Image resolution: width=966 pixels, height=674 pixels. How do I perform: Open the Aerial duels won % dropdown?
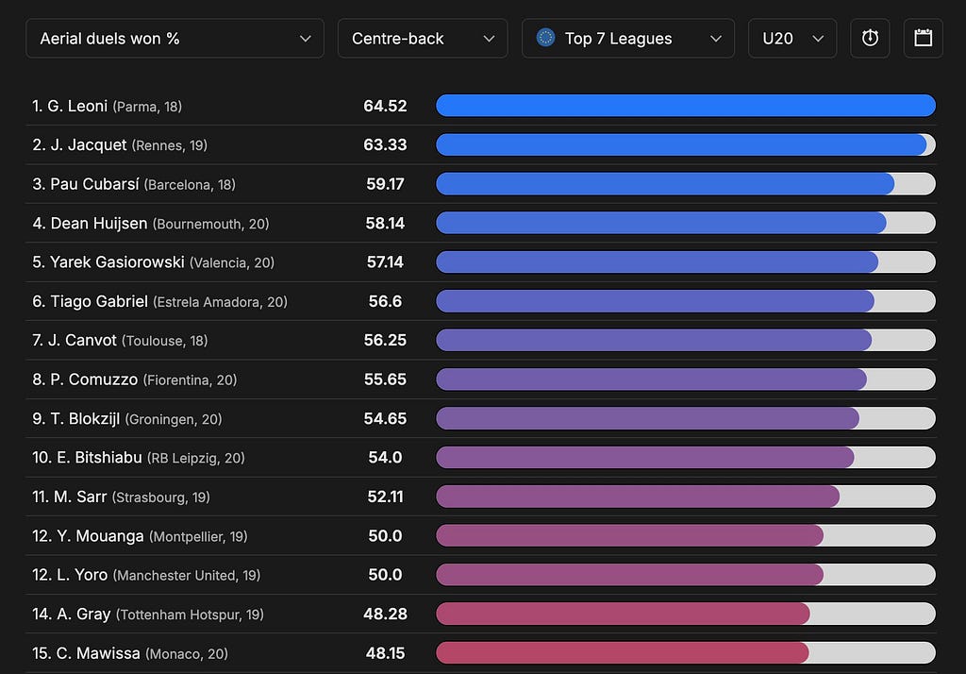point(175,39)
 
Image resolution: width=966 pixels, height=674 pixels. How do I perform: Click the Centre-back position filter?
point(423,39)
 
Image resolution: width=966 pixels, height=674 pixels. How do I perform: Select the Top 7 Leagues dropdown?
point(627,39)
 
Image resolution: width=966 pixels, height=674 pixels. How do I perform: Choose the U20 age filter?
point(792,39)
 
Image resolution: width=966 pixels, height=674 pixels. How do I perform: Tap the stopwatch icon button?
point(870,39)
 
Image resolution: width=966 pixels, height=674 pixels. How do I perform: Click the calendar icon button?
point(923,39)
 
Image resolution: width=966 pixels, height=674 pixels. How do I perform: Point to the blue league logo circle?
point(545,38)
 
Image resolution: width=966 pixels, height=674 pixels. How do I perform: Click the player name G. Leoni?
point(77,106)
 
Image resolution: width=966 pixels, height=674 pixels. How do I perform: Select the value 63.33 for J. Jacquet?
point(385,145)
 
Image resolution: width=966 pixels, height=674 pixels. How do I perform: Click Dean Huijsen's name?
point(98,223)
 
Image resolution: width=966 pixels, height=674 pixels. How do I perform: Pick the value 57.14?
point(385,262)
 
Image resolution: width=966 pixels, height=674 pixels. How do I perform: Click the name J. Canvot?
point(82,341)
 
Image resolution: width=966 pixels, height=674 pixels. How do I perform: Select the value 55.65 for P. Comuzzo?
point(385,379)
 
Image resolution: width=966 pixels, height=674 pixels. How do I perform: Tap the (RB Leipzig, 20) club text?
point(196,458)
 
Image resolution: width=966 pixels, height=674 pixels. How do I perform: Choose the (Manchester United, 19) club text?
point(187,575)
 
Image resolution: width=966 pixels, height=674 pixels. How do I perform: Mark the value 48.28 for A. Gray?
point(385,615)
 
